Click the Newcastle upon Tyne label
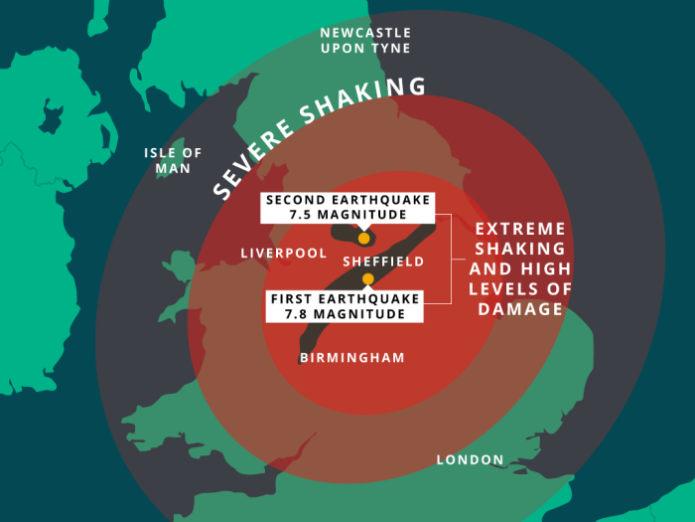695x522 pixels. (x=364, y=41)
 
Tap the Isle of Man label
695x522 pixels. (x=173, y=160)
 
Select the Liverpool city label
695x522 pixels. (x=283, y=254)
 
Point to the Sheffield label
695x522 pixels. (x=383, y=261)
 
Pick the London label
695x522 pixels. (x=470, y=459)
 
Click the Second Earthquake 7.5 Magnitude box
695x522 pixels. (x=348, y=207)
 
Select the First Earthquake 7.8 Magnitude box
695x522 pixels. (x=345, y=306)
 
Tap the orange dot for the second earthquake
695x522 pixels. (x=364, y=239)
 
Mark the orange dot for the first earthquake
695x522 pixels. (x=367, y=279)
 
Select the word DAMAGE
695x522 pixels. (x=520, y=309)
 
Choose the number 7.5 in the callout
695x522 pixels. (x=301, y=215)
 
